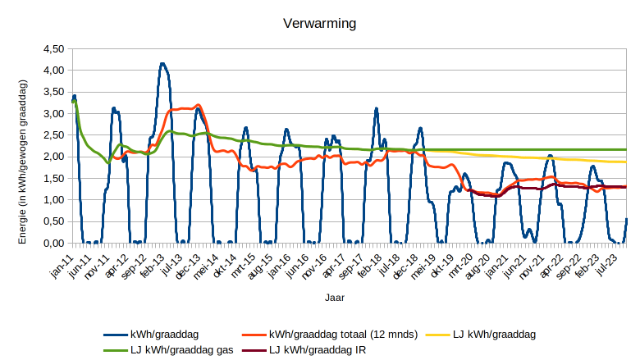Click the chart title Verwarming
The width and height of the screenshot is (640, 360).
click(319, 24)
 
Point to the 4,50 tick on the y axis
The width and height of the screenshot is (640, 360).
click(53, 49)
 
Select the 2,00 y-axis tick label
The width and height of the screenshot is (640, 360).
click(53, 157)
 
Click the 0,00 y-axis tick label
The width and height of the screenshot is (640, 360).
click(53, 244)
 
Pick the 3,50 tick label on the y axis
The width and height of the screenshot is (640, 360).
click(53, 92)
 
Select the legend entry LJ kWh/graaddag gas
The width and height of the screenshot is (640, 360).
click(181, 350)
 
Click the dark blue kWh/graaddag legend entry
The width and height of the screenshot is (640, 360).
click(164, 335)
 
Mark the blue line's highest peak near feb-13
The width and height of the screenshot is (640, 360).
click(162, 63)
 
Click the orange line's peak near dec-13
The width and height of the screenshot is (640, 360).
click(198, 105)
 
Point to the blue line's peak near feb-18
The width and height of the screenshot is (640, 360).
click(376, 108)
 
